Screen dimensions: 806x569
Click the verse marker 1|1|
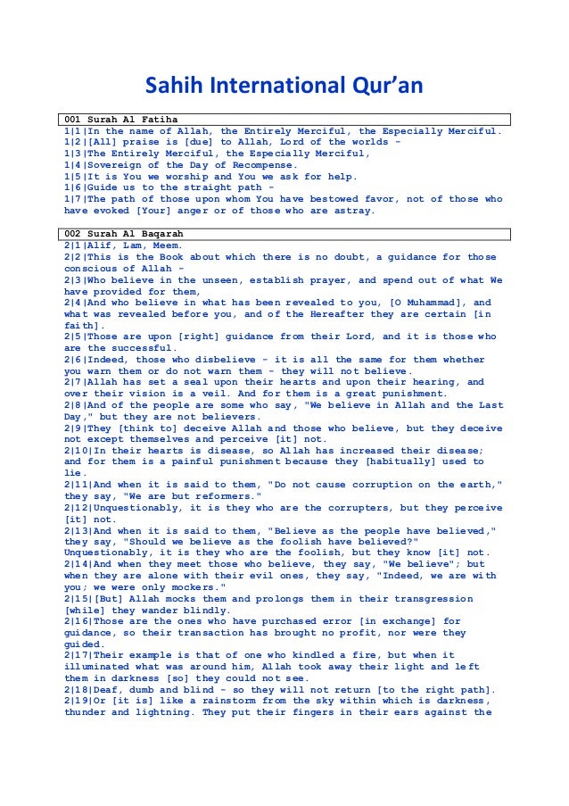(75, 131)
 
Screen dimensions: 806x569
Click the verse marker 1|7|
(75, 200)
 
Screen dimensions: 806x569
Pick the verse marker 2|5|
(75, 337)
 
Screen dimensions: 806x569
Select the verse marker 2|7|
(75, 383)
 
